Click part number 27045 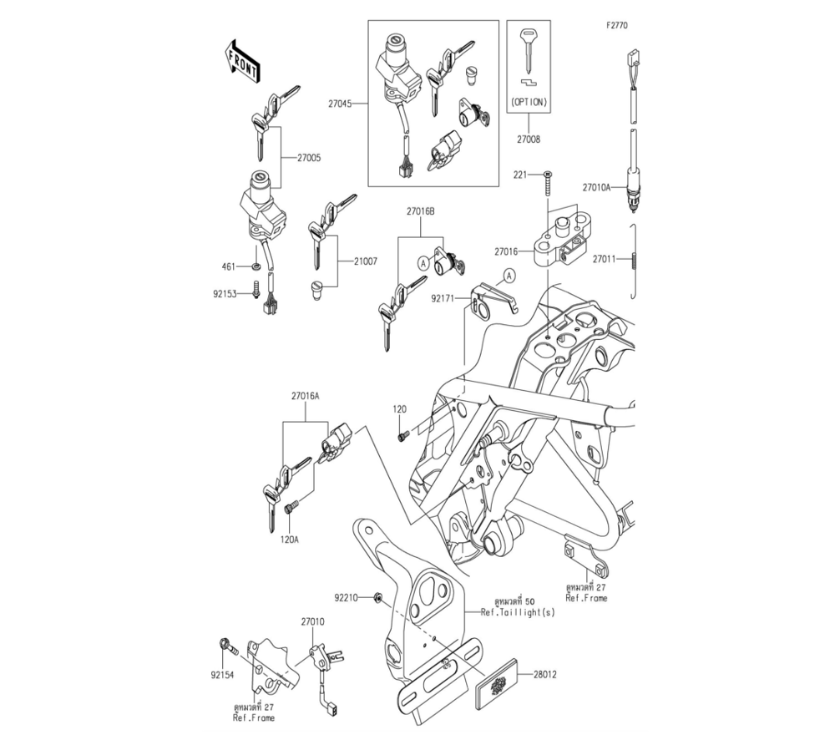pyautogui.click(x=340, y=104)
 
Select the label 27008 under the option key pyautogui.click(x=529, y=139)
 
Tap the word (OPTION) pyautogui.click(x=528, y=103)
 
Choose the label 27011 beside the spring pyautogui.click(x=605, y=259)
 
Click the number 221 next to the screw pyautogui.click(x=520, y=175)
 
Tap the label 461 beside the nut pyautogui.click(x=229, y=267)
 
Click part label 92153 pyautogui.click(x=225, y=293)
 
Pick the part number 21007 pyautogui.click(x=364, y=261)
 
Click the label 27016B pyautogui.click(x=420, y=213)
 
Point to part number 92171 pyautogui.click(x=443, y=297)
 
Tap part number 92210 pyautogui.click(x=346, y=598)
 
